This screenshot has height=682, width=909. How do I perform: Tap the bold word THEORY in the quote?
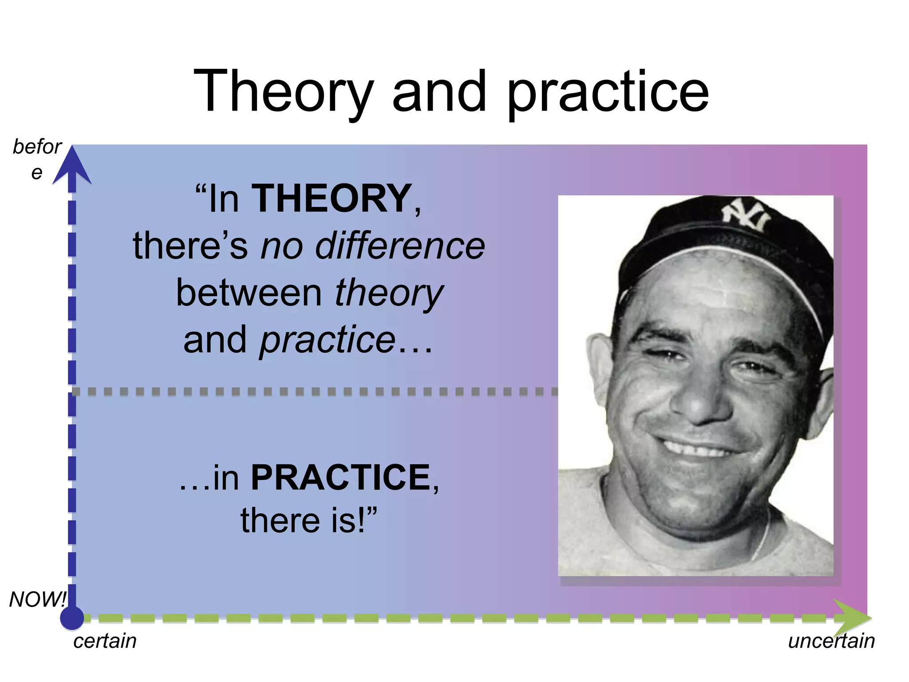click(x=331, y=198)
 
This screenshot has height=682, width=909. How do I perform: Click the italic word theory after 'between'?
click(x=388, y=293)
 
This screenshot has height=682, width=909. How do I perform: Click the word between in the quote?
click(x=249, y=293)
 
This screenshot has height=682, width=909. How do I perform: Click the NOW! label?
click(x=37, y=599)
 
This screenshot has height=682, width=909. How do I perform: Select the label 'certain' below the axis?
click(x=105, y=641)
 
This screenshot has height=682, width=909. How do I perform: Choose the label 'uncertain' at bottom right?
click(x=831, y=641)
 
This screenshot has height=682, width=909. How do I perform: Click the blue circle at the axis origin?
click(x=72, y=618)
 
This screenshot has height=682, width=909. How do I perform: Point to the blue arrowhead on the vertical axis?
click(x=72, y=167)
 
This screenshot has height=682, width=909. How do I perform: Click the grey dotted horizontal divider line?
click(x=311, y=392)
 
